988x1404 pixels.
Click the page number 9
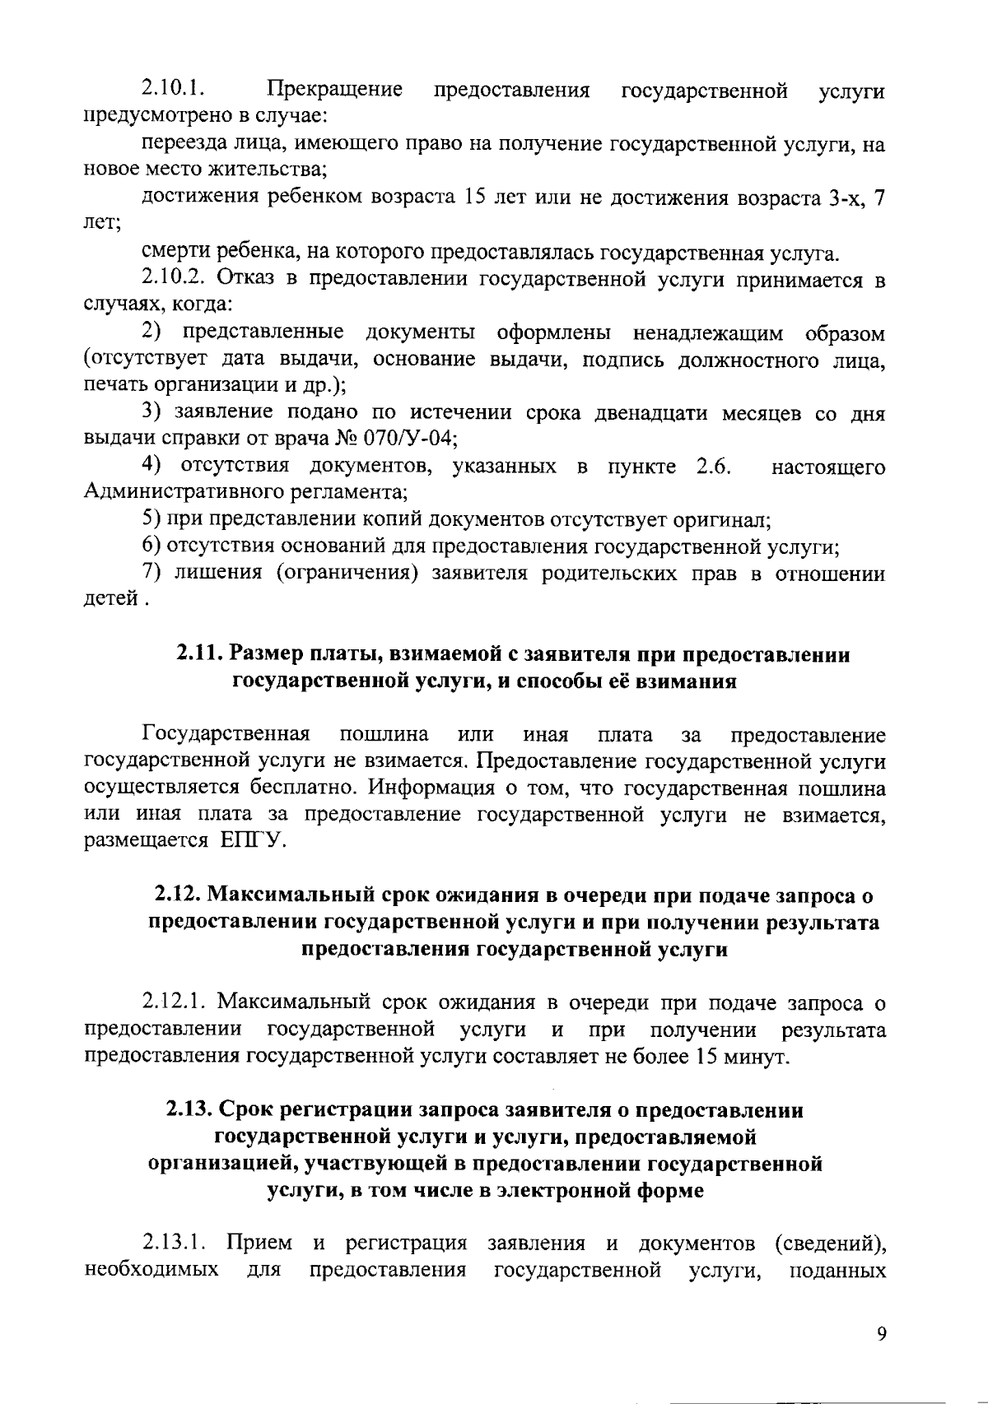pos(881,1334)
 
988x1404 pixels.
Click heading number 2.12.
pos(178,895)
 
